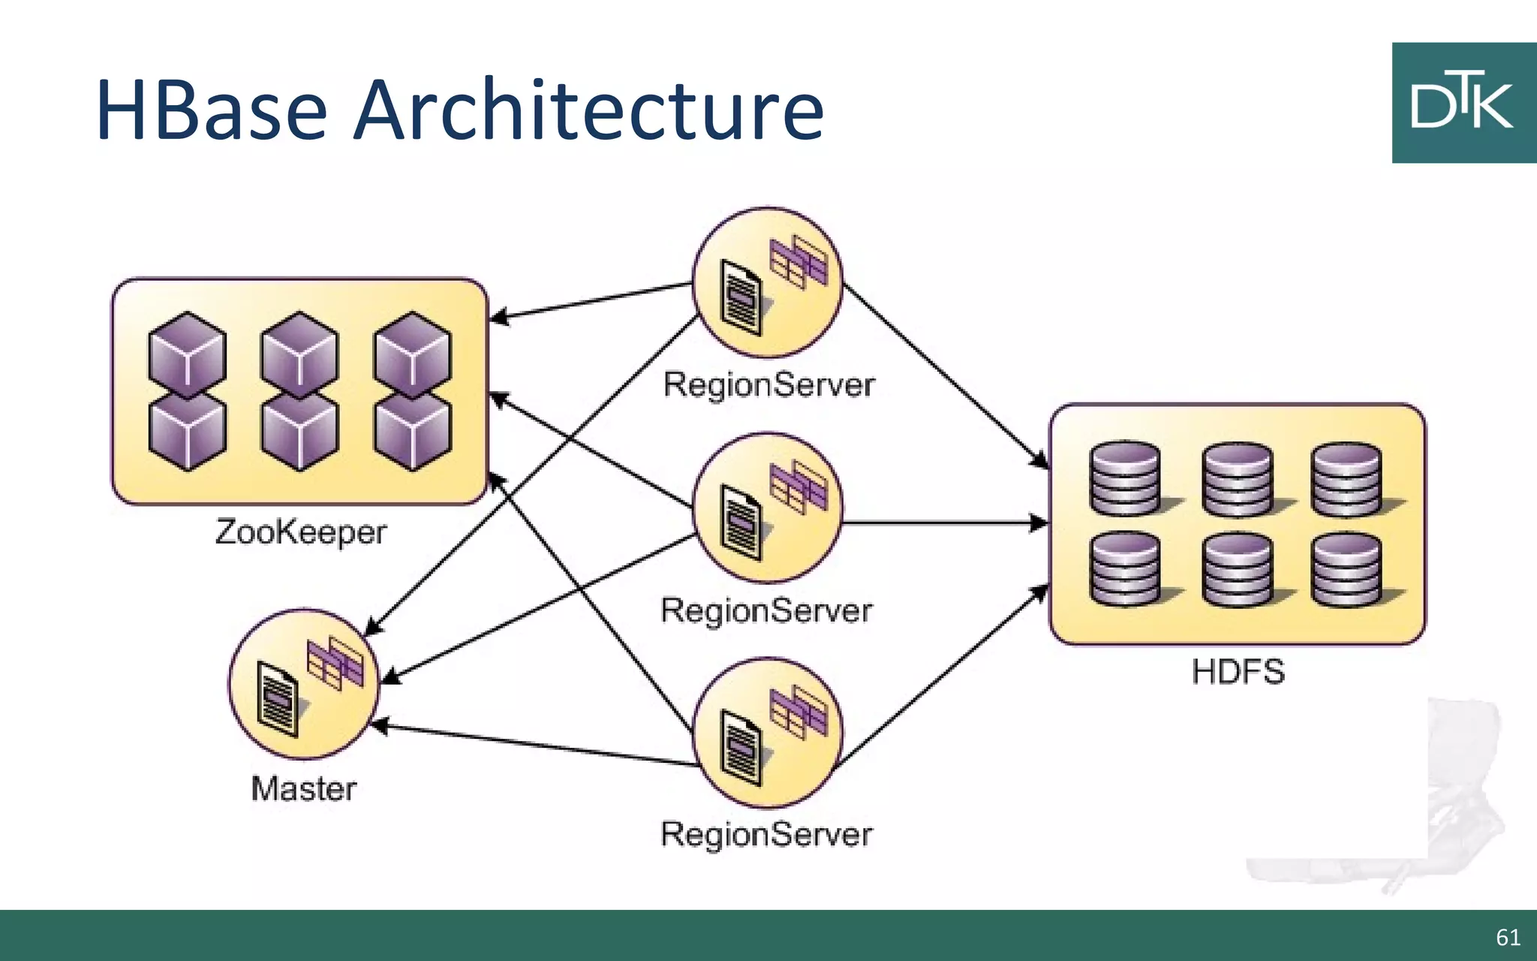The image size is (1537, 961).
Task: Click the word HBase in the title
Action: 212,110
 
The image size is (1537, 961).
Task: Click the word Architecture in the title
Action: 589,110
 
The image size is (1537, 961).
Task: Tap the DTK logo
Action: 1463,103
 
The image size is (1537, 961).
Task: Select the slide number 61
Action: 1508,937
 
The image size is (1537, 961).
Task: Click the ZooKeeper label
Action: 300,532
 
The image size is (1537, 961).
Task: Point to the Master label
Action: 303,788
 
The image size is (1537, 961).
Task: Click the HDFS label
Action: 1238,671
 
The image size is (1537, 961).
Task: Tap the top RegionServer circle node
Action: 767,282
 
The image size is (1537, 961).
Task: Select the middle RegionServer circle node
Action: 767,508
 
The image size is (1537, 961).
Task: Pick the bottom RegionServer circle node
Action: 767,733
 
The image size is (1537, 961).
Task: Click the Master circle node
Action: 304,684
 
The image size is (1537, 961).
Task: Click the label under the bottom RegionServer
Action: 766,834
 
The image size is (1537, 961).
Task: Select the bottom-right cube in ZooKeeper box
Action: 413,431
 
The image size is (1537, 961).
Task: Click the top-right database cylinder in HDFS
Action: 1347,478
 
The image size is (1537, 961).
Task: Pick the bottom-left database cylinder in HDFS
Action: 1125,568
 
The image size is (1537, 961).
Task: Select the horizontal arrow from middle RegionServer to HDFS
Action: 946,523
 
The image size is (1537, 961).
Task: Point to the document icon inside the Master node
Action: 276,700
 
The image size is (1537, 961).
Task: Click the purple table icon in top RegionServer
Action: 799,261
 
